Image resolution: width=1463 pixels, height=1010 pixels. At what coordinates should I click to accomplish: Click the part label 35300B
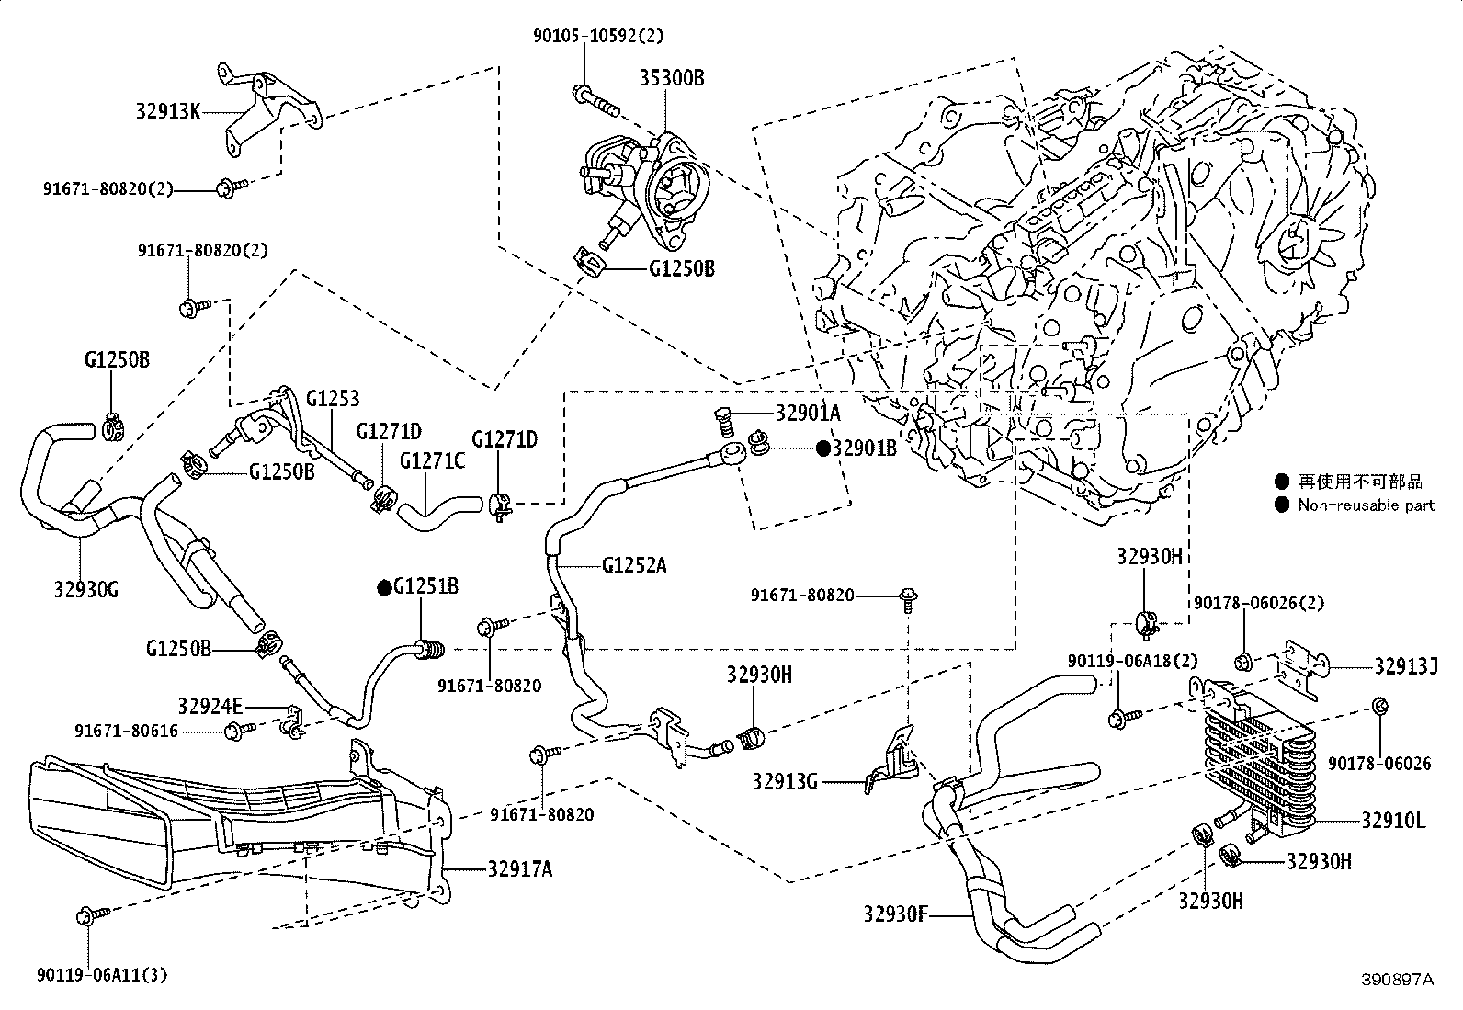click(672, 78)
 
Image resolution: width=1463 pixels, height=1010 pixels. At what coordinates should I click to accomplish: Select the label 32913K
click(168, 112)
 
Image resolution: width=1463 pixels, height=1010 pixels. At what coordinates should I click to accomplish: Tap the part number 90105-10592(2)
click(597, 35)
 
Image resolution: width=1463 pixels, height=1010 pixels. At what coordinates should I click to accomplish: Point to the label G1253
click(333, 398)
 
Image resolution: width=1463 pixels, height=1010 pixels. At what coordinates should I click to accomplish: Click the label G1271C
click(432, 461)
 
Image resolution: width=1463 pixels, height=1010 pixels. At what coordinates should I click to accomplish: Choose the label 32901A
click(808, 413)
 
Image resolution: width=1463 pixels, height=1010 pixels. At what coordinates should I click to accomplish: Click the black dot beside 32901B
click(823, 448)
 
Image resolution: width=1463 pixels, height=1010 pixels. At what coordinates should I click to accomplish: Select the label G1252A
click(634, 565)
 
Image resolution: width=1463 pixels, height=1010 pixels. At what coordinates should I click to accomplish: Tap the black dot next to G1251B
click(384, 588)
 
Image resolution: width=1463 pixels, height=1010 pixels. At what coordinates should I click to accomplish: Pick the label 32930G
click(86, 590)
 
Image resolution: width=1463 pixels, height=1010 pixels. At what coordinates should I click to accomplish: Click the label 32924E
click(210, 706)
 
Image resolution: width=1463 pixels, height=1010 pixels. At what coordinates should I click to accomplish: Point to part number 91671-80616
click(126, 731)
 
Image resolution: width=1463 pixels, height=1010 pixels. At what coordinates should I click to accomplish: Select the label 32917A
click(520, 868)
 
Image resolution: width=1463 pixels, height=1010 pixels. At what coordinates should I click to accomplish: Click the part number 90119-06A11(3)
click(103, 975)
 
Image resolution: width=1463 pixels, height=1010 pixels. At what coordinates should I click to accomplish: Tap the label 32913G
click(785, 781)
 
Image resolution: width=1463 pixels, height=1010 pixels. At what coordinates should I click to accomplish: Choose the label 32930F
click(895, 914)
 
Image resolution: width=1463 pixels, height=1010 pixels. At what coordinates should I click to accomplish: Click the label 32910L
click(1394, 821)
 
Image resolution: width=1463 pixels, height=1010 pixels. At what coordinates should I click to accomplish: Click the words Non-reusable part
click(1367, 505)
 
